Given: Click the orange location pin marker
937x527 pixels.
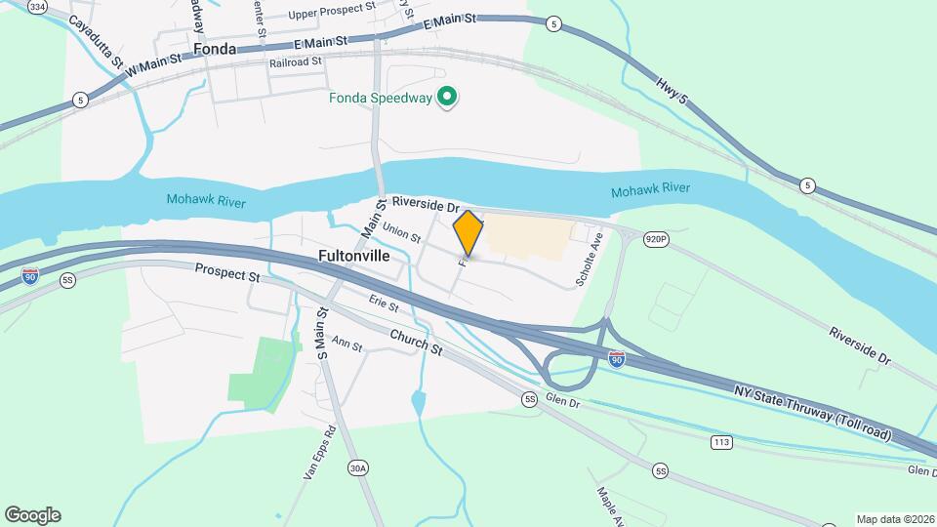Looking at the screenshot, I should (468, 232).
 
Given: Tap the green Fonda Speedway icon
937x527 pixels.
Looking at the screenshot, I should (447, 97).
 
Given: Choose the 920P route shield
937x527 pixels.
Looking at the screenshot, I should (656, 238).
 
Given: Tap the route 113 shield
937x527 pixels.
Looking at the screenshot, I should (721, 443).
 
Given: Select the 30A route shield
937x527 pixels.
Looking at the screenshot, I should (358, 468).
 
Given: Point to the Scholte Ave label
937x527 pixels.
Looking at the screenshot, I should (591, 259).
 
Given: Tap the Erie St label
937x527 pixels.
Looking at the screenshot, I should (385, 305).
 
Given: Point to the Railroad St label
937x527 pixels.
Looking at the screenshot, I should (296, 61).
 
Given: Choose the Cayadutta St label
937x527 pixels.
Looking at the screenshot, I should (96, 40).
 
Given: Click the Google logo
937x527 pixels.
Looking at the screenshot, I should (32, 515).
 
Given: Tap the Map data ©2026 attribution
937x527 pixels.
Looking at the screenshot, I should (894, 519).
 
